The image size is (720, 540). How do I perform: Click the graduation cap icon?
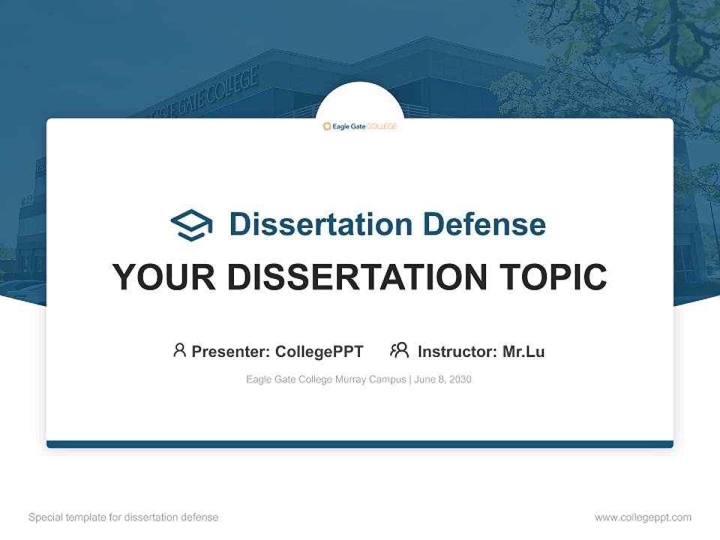(x=191, y=225)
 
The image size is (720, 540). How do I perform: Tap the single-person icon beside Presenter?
(x=179, y=350)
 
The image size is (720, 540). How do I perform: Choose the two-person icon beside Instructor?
(x=399, y=350)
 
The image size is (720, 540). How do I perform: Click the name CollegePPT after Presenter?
(x=319, y=351)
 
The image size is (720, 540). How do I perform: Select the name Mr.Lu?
(x=523, y=351)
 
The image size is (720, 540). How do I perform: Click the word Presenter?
(x=231, y=351)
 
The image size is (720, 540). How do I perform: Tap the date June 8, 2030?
(x=442, y=379)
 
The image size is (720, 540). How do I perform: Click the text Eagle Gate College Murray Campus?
(x=325, y=379)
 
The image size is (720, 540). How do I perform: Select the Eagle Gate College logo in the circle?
(x=360, y=126)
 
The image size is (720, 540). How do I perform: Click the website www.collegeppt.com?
(x=643, y=517)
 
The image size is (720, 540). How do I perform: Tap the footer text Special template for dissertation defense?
(x=123, y=517)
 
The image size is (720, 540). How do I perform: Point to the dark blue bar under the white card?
(x=360, y=444)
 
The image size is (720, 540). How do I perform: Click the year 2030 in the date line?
(x=458, y=379)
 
